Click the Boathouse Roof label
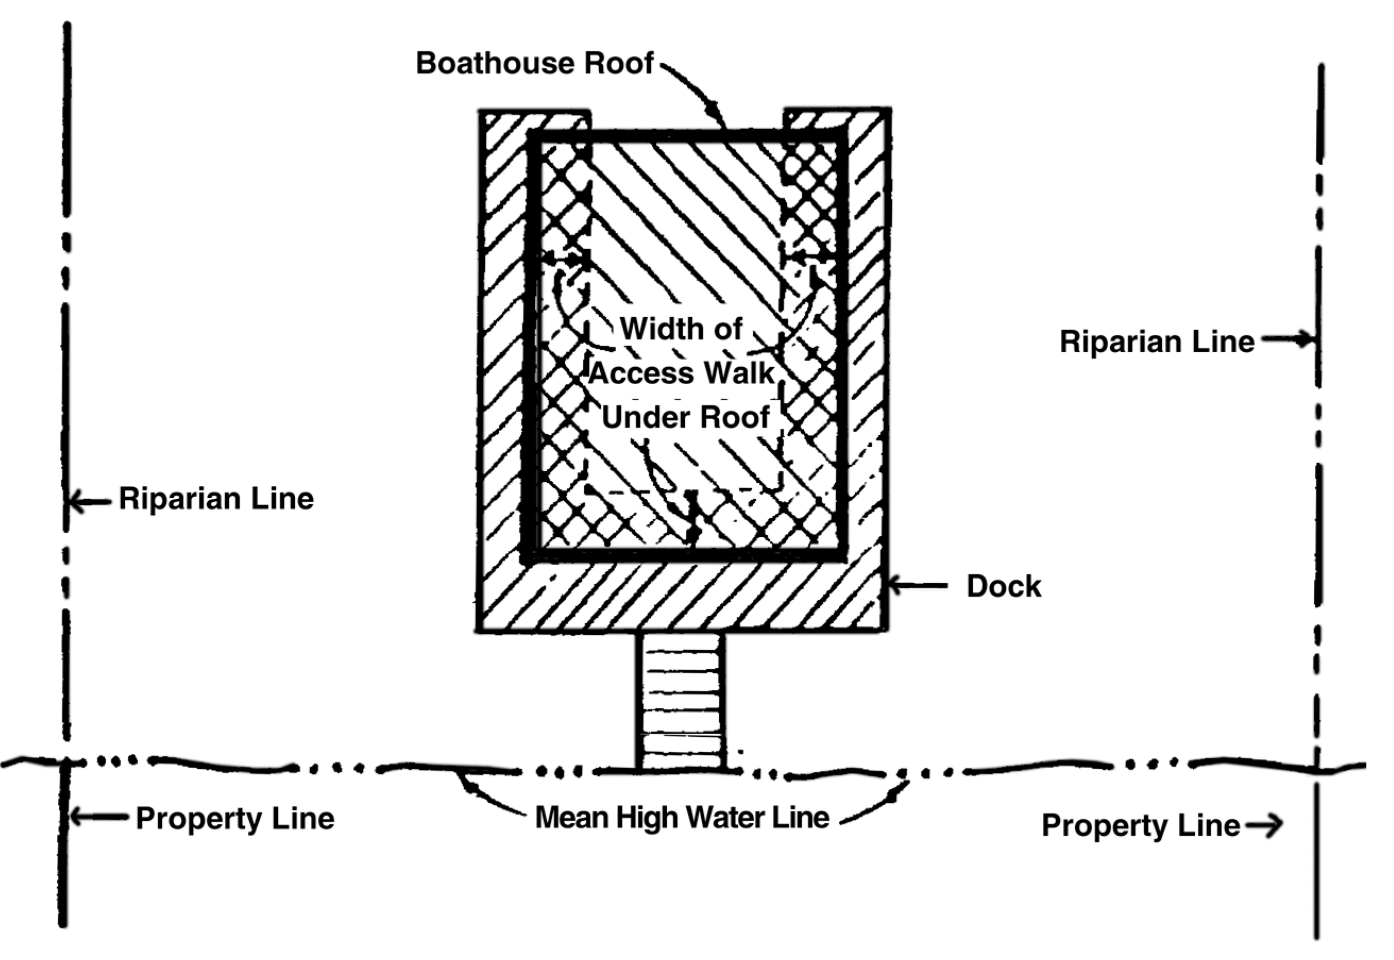(534, 63)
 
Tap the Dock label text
(1003, 587)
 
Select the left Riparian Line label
(216, 499)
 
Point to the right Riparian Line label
(1157, 342)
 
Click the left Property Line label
(234, 819)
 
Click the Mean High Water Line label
(682, 818)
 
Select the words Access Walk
(682, 373)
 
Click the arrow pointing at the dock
(916, 585)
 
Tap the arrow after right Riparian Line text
(1287, 340)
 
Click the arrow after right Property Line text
(1263, 826)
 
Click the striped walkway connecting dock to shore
(681, 701)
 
